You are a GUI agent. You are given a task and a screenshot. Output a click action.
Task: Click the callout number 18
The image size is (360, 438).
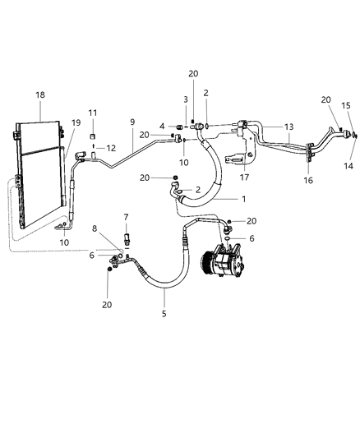40,95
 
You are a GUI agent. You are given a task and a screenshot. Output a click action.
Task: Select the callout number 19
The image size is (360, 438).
76,122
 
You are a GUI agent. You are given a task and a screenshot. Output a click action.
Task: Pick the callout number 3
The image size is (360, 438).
186,99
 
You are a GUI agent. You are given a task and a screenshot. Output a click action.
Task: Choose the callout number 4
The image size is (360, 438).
162,126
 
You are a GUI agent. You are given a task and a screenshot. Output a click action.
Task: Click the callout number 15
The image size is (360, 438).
346,106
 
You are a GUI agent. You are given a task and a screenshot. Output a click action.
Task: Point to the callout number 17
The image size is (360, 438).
243,177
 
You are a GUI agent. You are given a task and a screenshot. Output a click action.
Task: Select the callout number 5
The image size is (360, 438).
164,313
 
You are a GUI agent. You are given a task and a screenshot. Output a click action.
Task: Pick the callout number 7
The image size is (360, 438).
126,217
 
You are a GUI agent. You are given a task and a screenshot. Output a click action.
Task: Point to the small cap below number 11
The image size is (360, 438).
93,136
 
